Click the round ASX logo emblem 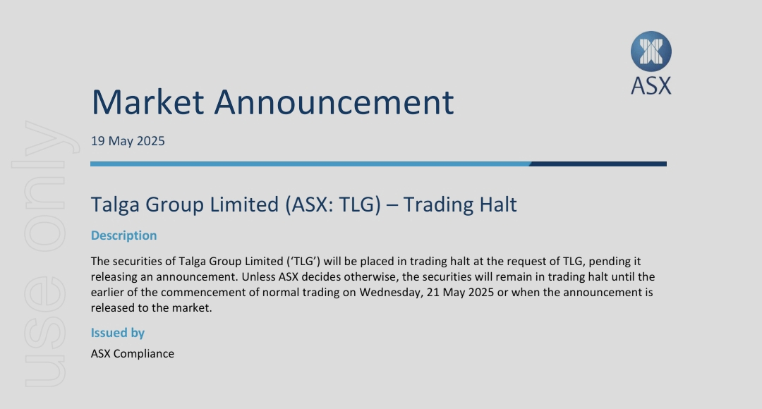point(651,51)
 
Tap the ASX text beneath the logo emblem point(651,86)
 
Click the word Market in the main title point(147,102)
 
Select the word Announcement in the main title point(334,102)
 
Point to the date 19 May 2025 point(128,141)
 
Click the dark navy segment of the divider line point(598,164)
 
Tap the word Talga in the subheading point(116,205)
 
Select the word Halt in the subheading point(498,204)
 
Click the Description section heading point(124,236)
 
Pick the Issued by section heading point(118,333)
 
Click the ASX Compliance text point(132,353)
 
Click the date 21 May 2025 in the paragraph point(460,293)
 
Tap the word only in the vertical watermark point(44,187)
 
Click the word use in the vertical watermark point(44,332)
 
